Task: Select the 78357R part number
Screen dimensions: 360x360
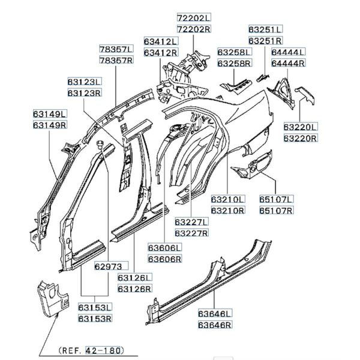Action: tap(117, 61)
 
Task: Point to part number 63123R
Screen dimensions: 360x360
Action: tap(84, 93)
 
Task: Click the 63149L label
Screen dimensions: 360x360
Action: tap(50, 113)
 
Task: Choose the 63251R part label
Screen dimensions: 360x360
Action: tap(266, 41)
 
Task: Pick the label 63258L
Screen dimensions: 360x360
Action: tap(235, 52)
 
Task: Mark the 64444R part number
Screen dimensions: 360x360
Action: tap(288, 63)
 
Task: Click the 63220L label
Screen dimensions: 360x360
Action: tap(301, 127)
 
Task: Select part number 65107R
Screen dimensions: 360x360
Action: tap(276, 211)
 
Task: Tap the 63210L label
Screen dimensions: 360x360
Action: tap(227, 199)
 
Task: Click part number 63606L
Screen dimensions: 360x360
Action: tap(166, 247)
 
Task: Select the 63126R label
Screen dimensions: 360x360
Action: tap(135, 289)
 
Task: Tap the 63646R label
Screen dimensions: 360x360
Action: tap(215, 324)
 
